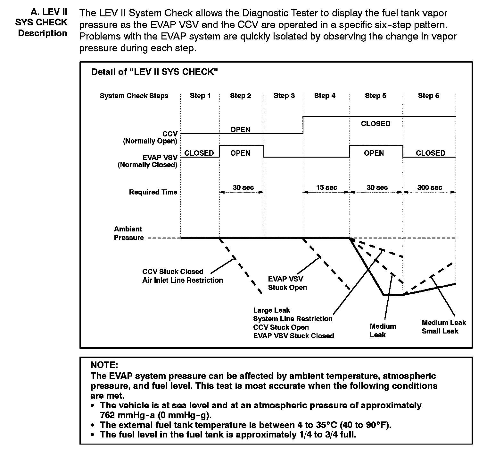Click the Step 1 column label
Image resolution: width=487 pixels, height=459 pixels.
pos(200,96)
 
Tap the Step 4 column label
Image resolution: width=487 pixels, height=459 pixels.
pos(325,96)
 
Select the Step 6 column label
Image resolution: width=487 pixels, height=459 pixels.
pos(428,96)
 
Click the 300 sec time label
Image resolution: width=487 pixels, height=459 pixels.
pos(429,187)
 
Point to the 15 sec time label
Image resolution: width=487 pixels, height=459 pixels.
pos(326,187)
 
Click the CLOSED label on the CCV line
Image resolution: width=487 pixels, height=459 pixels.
pos(376,124)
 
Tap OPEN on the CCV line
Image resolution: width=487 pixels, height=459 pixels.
pos(240,129)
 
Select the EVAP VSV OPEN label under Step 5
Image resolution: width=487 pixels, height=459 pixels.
pos(374,153)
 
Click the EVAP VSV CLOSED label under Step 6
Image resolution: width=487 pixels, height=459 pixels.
pos(430,153)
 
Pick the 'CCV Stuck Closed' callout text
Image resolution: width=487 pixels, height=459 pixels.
pos(173,272)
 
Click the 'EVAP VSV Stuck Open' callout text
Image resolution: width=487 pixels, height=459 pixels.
pos(287,283)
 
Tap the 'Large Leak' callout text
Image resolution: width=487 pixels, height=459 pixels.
pos(271,310)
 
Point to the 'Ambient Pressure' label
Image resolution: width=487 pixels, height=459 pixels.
pos(128,233)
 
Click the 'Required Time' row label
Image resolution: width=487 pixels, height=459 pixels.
pos(153,192)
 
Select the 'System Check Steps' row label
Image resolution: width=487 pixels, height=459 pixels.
pos(134,96)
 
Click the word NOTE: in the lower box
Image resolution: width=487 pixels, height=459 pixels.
pos(104,365)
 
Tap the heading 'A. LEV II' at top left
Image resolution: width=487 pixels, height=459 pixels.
pos(49,12)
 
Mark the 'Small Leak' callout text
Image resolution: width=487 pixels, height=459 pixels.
pos(440,331)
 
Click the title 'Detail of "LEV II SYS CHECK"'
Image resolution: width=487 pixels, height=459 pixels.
pos(154,72)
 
